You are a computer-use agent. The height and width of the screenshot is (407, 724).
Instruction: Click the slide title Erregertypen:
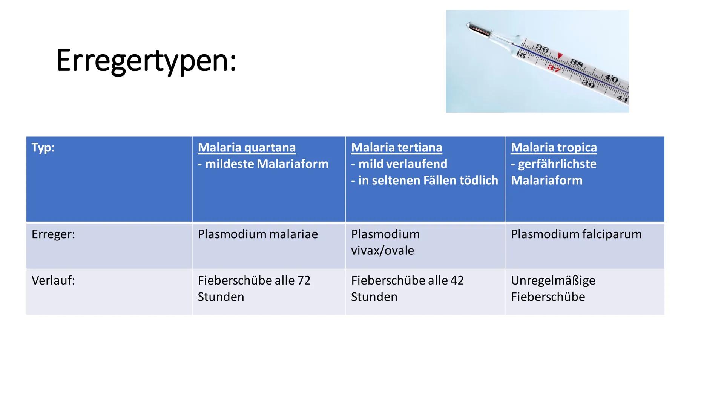point(146,60)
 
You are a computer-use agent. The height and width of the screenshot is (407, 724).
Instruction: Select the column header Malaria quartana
point(247,147)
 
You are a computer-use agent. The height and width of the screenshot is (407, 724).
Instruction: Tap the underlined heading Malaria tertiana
point(396,147)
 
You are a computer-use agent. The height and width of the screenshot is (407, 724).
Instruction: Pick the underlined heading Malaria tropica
point(554,147)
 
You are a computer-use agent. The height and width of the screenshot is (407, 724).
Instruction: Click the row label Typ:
point(43,147)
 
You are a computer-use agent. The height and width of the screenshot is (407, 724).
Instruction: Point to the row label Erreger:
point(53,234)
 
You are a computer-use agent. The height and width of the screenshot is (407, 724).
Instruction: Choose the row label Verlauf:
point(53,280)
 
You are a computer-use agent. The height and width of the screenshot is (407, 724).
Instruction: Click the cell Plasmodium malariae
point(258,234)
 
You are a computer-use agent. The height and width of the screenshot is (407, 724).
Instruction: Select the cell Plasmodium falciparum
point(576,234)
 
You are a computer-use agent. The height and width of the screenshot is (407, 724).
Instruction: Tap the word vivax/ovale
point(382,251)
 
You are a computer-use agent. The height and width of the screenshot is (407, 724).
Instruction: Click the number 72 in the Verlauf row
point(304,280)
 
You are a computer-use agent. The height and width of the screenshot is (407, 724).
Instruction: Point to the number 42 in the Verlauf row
point(457,280)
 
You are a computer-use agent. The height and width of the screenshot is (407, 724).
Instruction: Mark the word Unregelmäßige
point(553,280)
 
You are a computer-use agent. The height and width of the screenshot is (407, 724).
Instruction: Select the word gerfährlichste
point(557,164)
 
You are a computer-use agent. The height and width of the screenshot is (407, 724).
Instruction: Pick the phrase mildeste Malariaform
point(267,164)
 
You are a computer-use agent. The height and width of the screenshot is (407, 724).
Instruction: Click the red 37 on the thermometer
point(554,68)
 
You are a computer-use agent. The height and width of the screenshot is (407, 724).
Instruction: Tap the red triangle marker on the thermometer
point(560,56)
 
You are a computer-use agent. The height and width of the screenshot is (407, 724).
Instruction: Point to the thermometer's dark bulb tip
point(479,29)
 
